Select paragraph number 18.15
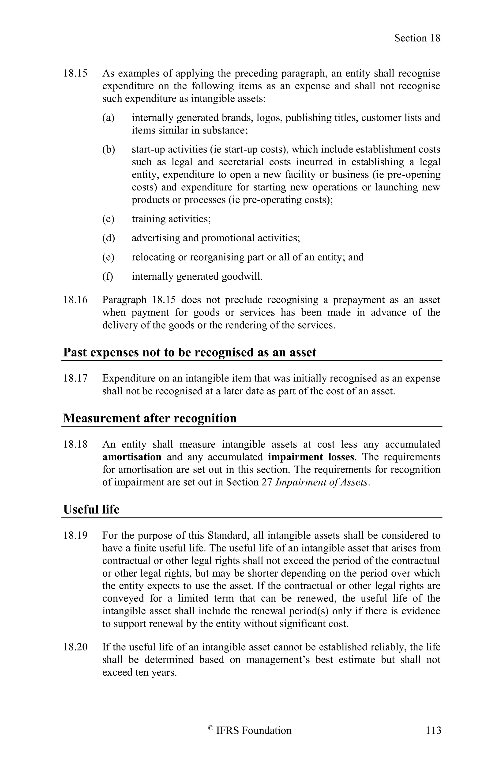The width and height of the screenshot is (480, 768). [x=75, y=73]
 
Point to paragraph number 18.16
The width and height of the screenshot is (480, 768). [x=75, y=300]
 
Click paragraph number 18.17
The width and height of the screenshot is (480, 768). [x=75, y=378]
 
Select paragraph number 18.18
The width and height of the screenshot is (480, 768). [x=75, y=444]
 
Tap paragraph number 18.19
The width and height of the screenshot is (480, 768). [x=75, y=535]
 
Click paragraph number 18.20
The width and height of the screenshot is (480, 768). [x=75, y=647]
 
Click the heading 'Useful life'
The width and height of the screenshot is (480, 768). [x=91, y=509]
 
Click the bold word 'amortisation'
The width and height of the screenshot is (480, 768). [x=132, y=457]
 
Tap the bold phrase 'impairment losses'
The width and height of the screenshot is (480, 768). [x=311, y=457]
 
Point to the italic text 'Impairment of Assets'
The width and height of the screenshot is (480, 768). [x=322, y=482]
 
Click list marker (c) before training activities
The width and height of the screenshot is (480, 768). [x=108, y=219]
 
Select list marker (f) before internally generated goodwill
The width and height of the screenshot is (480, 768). [x=107, y=276]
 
